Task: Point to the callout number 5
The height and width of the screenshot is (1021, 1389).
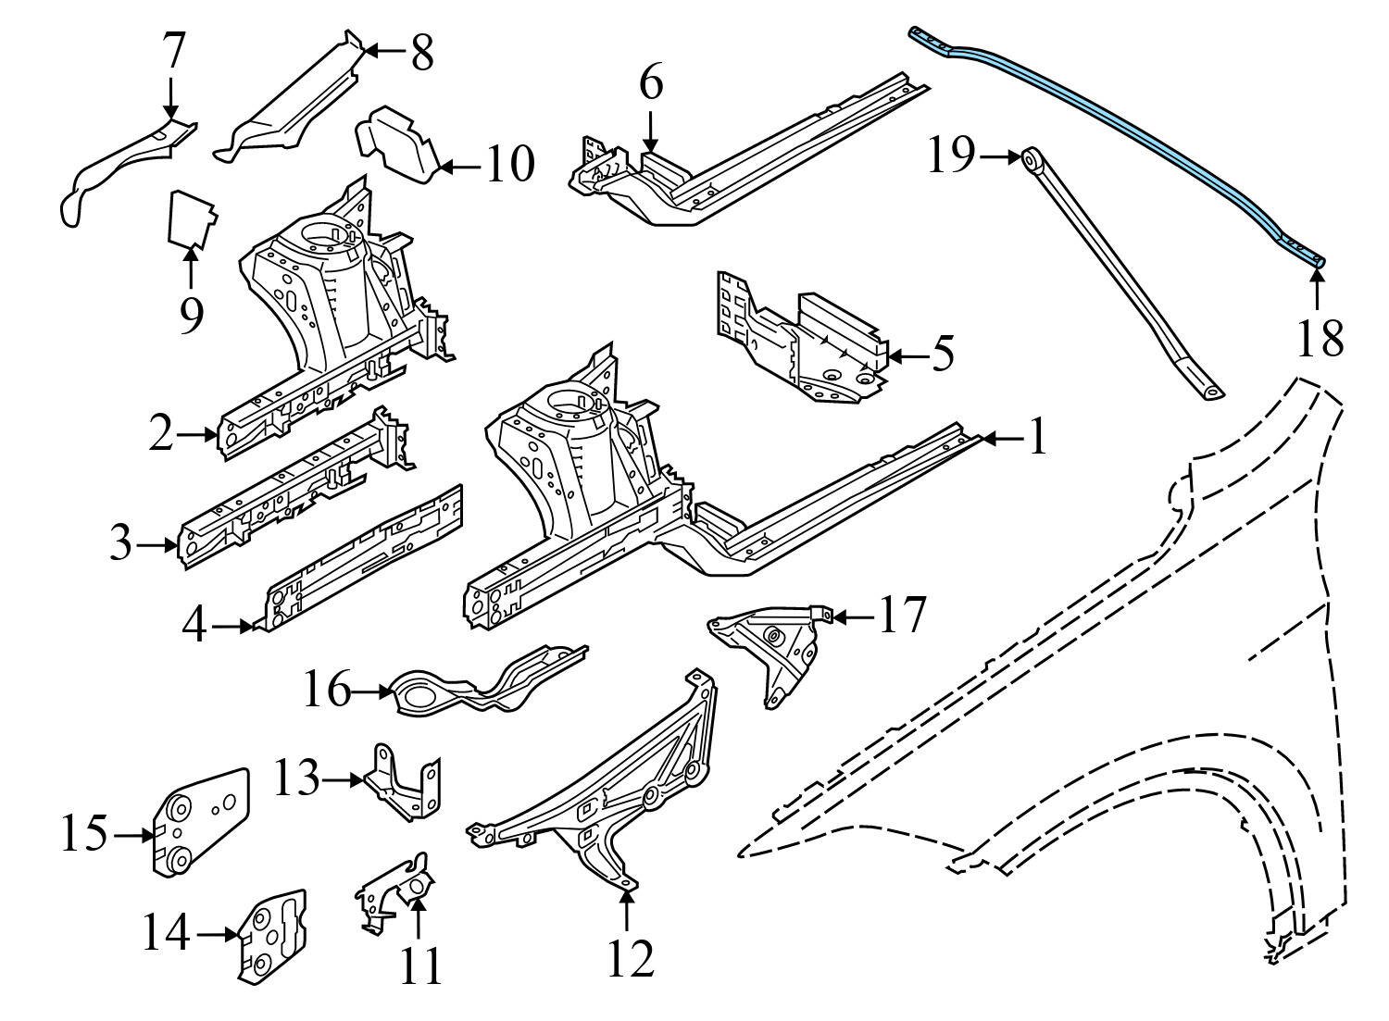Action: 943,355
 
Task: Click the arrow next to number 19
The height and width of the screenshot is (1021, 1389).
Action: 1000,158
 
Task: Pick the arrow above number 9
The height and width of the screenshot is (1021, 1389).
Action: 191,268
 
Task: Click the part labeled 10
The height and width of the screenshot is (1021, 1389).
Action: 398,145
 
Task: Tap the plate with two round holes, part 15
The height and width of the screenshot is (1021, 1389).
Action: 199,819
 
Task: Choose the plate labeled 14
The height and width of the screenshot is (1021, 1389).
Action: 272,937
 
